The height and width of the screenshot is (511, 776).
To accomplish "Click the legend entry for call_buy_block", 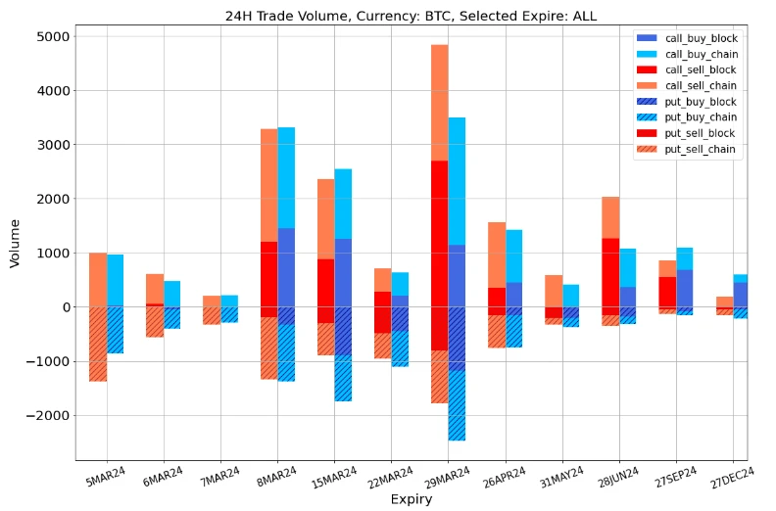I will click(702, 39).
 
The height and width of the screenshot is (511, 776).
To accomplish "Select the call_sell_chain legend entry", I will click(702, 86).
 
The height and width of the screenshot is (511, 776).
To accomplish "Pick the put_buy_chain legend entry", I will click(702, 117).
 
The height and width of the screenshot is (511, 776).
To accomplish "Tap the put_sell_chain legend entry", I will click(702, 150).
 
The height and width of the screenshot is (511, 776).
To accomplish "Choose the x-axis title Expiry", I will click(412, 499).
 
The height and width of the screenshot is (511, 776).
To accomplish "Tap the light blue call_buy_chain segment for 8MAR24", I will click(286, 177).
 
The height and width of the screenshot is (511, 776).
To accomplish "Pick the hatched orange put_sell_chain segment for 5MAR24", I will click(97, 344).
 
